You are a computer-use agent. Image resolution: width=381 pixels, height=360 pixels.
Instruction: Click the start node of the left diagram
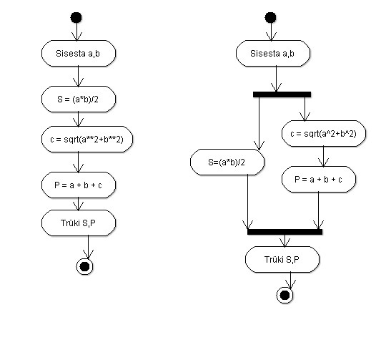[76, 18]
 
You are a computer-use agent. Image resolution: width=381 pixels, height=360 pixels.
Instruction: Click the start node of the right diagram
[270, 18]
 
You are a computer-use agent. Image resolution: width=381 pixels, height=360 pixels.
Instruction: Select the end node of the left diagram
[84, 266]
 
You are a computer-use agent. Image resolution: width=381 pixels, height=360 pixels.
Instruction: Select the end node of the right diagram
[284, 296]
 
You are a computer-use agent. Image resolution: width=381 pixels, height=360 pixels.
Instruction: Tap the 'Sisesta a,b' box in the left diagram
[79, 53]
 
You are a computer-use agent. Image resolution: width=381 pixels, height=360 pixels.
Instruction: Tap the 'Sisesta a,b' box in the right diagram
[273, 53]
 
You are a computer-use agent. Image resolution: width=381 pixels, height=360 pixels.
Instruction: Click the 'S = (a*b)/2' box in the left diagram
[79, 99]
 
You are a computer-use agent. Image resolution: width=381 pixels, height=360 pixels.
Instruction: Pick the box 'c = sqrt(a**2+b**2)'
[87, 140]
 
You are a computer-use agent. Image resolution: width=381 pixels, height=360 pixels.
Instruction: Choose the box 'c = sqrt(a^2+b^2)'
[324, 134]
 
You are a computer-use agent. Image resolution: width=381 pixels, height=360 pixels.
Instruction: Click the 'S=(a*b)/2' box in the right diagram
[227, 162]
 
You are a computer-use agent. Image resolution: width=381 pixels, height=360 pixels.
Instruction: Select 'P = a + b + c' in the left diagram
[79, 185]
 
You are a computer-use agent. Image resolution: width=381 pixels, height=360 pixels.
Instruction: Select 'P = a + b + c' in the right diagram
[319, 179]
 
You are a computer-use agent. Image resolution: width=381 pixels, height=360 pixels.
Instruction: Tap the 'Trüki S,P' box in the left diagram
[79, 223]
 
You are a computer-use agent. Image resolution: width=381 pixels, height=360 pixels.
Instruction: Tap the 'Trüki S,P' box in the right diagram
[282, 260]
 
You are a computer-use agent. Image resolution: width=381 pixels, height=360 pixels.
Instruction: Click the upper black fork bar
[282, 94]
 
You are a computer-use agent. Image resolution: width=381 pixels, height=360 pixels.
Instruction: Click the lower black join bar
[284, 232]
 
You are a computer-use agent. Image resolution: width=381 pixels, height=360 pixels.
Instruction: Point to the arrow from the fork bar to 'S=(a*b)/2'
[259, 123]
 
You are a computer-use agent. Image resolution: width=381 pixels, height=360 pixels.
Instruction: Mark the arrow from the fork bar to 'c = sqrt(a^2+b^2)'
[305, 109]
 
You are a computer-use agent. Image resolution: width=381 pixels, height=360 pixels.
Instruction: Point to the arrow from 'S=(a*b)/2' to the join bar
[247, 202]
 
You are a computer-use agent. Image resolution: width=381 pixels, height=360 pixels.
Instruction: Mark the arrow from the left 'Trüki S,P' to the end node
[88, 247]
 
